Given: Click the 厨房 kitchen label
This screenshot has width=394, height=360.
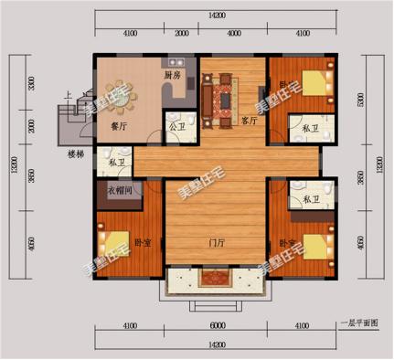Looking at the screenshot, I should [x=172, y=75].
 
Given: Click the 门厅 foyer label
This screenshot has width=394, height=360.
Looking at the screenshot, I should [x=216, y=242].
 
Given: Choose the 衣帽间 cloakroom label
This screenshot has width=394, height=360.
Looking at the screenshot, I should [x=121, y=190].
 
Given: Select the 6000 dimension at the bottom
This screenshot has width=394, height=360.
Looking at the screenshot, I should [x=216, y=325].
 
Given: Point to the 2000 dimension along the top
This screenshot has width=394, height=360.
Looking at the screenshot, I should [x=182, y=33].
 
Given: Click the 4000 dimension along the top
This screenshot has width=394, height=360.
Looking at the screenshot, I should [x=234, y=33].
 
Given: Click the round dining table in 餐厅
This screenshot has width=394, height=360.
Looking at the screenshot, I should [x=121, y=94].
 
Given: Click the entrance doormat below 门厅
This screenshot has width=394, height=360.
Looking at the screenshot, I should [x=216, y=281].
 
